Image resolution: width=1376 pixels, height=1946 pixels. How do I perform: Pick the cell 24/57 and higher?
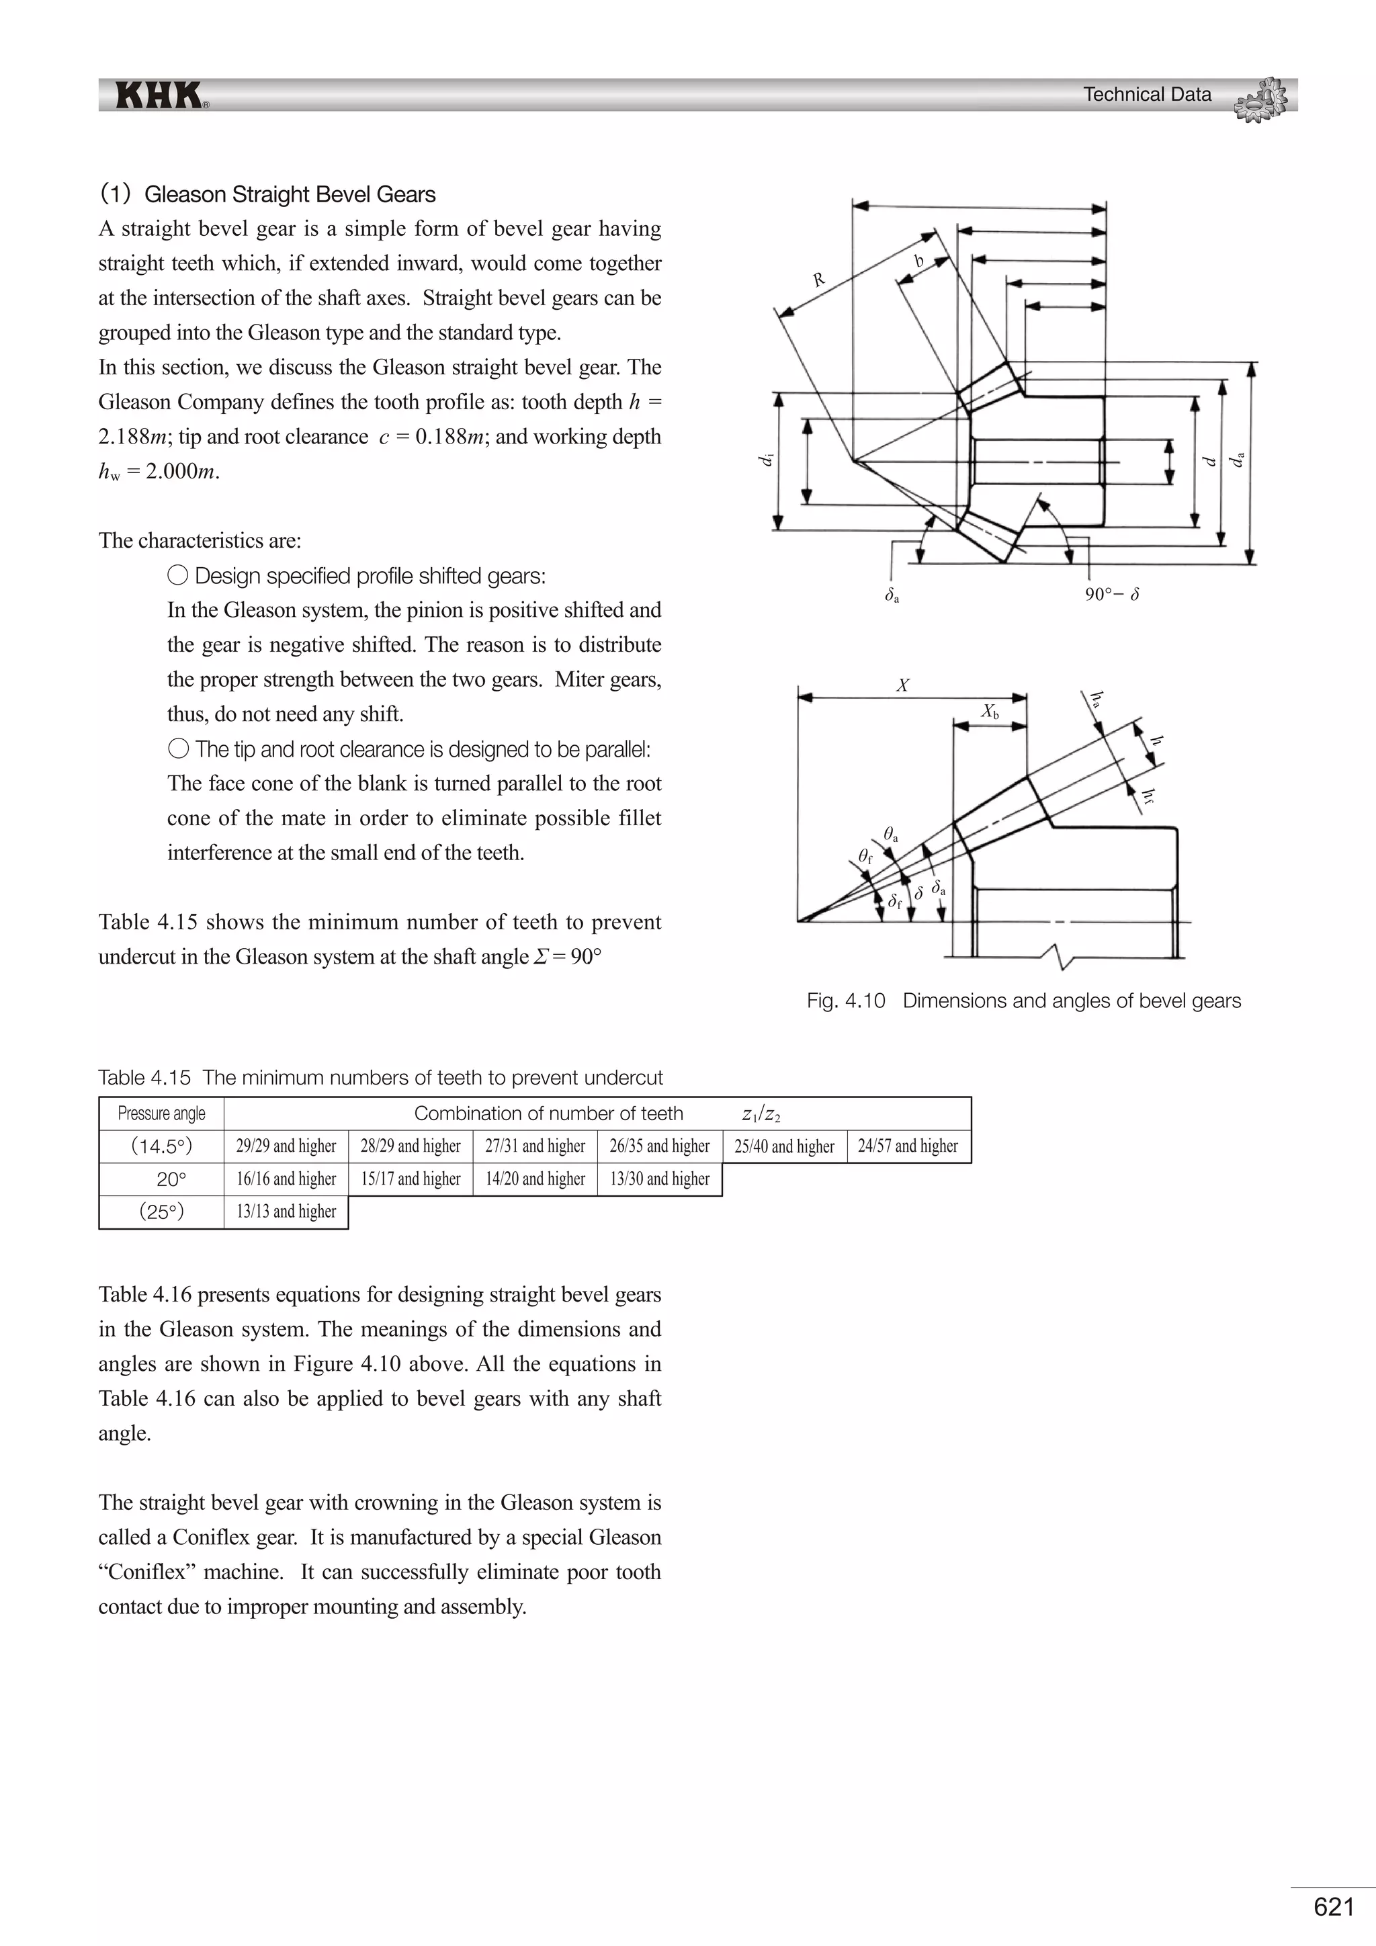click(x=908, y=1146)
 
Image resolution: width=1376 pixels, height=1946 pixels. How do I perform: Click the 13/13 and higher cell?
click(x=286, y=1211)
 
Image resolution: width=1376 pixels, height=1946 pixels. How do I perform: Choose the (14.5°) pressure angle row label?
click(x=161, y=1146)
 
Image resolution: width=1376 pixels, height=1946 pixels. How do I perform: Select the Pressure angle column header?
click(x=161, y=1113)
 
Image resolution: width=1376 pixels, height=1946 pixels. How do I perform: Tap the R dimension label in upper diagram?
click(x=818, y=279)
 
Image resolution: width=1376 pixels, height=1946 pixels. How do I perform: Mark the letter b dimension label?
click(x=918, y=262)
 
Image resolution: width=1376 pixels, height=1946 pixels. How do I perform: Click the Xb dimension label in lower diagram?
click(x=990, y=712)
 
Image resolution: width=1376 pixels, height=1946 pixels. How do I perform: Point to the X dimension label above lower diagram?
click(x=902, y=685)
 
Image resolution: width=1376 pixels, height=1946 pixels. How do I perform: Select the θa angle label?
click(x=890, y=835)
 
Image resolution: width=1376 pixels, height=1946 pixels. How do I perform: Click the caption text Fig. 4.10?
click(x=846, y=1001)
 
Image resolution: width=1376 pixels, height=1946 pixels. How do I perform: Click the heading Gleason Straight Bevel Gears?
click(x=290, y=194)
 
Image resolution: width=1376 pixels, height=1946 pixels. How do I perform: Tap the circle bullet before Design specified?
click(x=178, y=575)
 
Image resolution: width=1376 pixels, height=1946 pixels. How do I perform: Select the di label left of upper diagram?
click(x=766, y=460)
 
